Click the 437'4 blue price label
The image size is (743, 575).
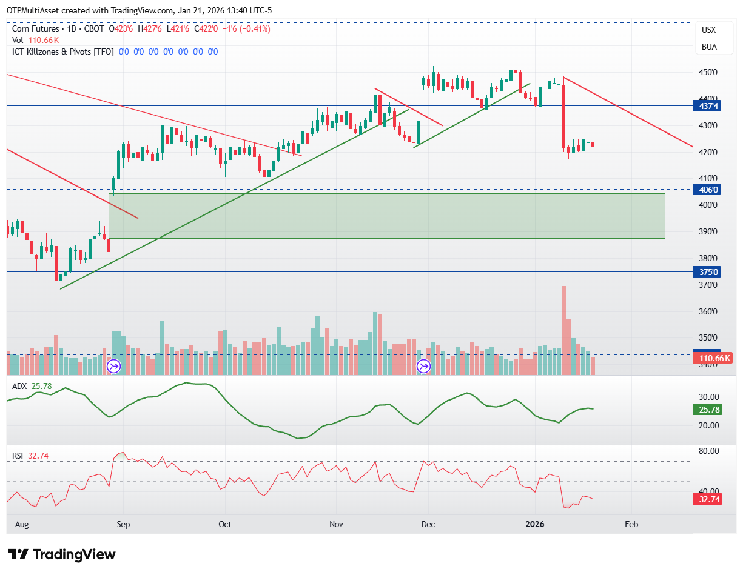707,106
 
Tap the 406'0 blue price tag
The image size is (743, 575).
707,190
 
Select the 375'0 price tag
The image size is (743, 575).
707,272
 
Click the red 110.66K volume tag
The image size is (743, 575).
713,358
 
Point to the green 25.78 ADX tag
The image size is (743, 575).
707,409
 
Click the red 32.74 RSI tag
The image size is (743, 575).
707,499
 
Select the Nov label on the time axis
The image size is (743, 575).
336,523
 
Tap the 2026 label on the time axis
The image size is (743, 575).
534,523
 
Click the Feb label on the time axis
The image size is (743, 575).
631,523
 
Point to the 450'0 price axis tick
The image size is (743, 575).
707,72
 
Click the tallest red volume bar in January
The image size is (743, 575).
563,330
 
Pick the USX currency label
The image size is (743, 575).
708,30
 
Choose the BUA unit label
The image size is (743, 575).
709,47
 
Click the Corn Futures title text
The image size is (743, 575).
36,28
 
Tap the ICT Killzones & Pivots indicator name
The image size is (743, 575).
63,52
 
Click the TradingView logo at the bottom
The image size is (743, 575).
61,554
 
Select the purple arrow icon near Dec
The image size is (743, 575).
423,366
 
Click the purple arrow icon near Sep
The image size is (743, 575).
113,366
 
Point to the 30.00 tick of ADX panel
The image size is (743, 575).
708,397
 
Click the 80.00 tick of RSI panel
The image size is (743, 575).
708,451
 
